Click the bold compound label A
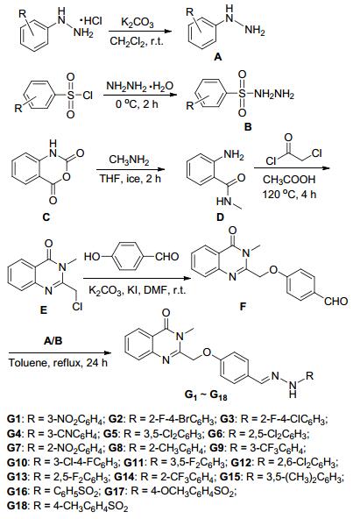point(218,57)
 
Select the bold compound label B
point(248,126)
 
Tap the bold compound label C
point(46,217)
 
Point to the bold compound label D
point(220,217)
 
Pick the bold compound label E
point(43,309)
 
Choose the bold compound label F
point(243,307)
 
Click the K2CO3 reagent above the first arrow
point(138,23)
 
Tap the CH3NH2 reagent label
point(129,161)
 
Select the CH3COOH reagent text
point(289,180)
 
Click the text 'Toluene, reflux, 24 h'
point(58,362)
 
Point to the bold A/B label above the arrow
point(53,340)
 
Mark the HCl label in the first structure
point(91,21)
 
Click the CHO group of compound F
point(335,302)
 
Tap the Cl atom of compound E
point(77,307)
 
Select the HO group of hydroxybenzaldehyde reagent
point(92,257)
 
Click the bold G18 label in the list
point(15,506)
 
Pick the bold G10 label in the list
point(15,461)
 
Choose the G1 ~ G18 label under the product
point(207,395)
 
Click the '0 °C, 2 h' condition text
point(137,104)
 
